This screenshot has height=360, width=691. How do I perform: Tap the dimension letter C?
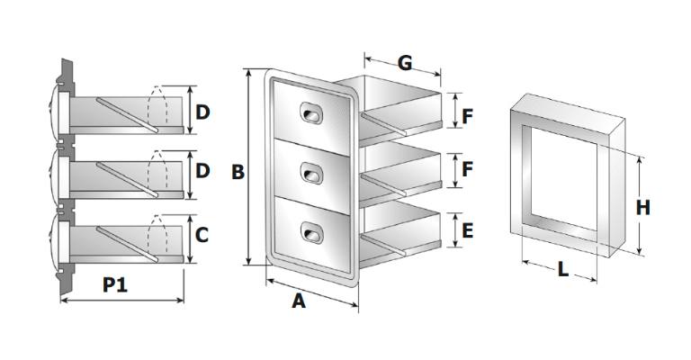pyautogui.click(x=202, y=236)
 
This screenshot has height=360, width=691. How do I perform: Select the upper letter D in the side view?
pyautogui.click(x=202, y=112)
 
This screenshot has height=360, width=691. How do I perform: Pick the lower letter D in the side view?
pyautogui.click(x=202, y=171)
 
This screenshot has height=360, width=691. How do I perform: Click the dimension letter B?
pyautogui.click(x=238, y=172)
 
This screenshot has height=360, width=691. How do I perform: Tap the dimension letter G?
pyautogui.click(x=404, y=63)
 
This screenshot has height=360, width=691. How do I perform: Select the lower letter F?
pyautogui.click(x=467, y=168)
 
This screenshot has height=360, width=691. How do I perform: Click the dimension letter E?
pyautogui.click(x=467, y=230)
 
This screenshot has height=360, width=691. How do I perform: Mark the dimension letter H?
pyautogui.click(x=642, y=207)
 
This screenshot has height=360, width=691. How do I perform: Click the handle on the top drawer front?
pyautogui.click(x=311, y=113)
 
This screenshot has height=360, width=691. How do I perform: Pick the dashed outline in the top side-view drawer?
pyautogui.click(x=162, y=106)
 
